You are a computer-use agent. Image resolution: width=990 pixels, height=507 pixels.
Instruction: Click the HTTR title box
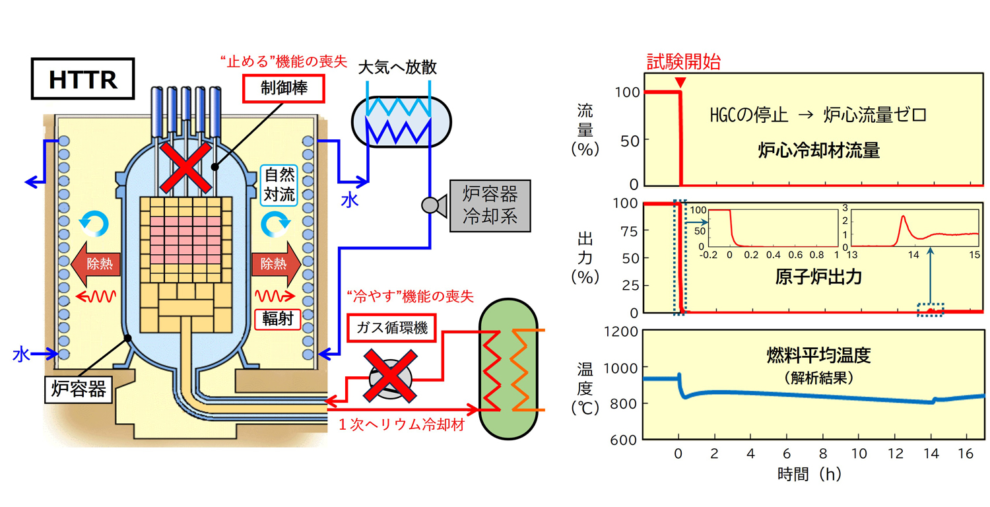(x=83, y=80)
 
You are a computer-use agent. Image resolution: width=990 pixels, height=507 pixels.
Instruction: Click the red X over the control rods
(x=186, y=166)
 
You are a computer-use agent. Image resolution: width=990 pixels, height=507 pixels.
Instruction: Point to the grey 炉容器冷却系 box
(x=490, y=206)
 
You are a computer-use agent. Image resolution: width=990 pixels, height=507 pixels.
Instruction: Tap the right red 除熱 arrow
(x=275, y=263)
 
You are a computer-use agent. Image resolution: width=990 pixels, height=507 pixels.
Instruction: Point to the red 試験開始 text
(x=683, y=63)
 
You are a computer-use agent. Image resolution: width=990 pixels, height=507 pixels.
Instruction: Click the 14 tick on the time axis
(x=931, y=455)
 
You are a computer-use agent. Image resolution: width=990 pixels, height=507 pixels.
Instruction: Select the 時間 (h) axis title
(x=809, y=473)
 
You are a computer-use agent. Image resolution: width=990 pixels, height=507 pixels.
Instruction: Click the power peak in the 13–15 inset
(x=903, y=217)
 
